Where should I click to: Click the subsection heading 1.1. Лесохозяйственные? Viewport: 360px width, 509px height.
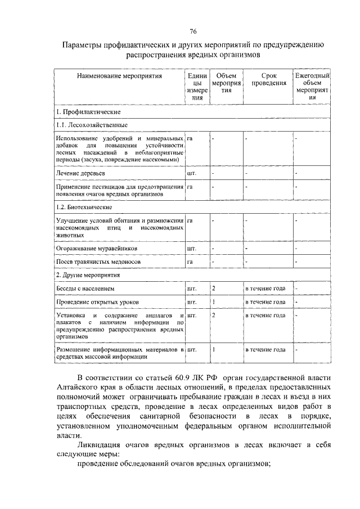(x=92, y=125)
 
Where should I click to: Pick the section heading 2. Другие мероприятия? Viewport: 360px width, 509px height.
(x=89, y=276)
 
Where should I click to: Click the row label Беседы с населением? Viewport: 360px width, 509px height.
(x=85, y=289)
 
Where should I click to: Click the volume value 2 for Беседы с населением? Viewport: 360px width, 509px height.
(x=213, y=289)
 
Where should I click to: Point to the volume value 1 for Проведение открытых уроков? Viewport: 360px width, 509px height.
(x=213, y=302)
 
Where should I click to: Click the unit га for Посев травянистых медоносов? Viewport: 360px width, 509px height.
(x=190, y=262)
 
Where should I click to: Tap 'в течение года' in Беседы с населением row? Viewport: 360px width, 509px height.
(x=264, y=289)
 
